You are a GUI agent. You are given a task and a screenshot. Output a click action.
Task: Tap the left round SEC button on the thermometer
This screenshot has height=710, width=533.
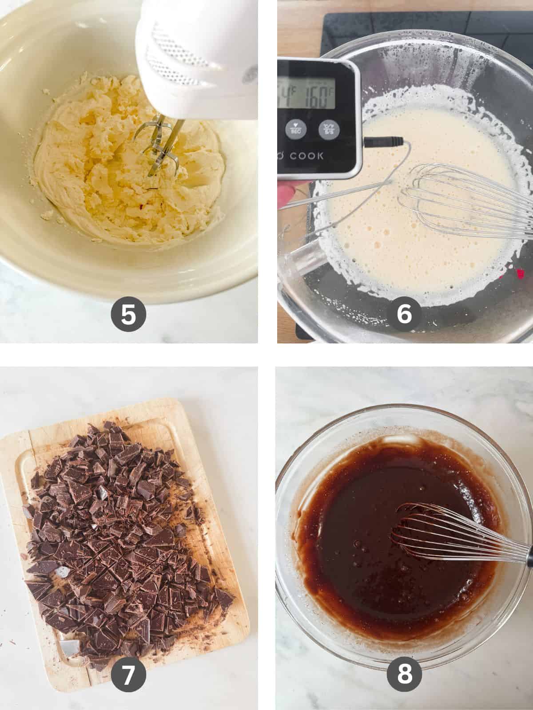coord(294,129)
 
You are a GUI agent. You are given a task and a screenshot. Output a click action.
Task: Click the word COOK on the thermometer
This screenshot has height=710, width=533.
coord(306,156)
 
